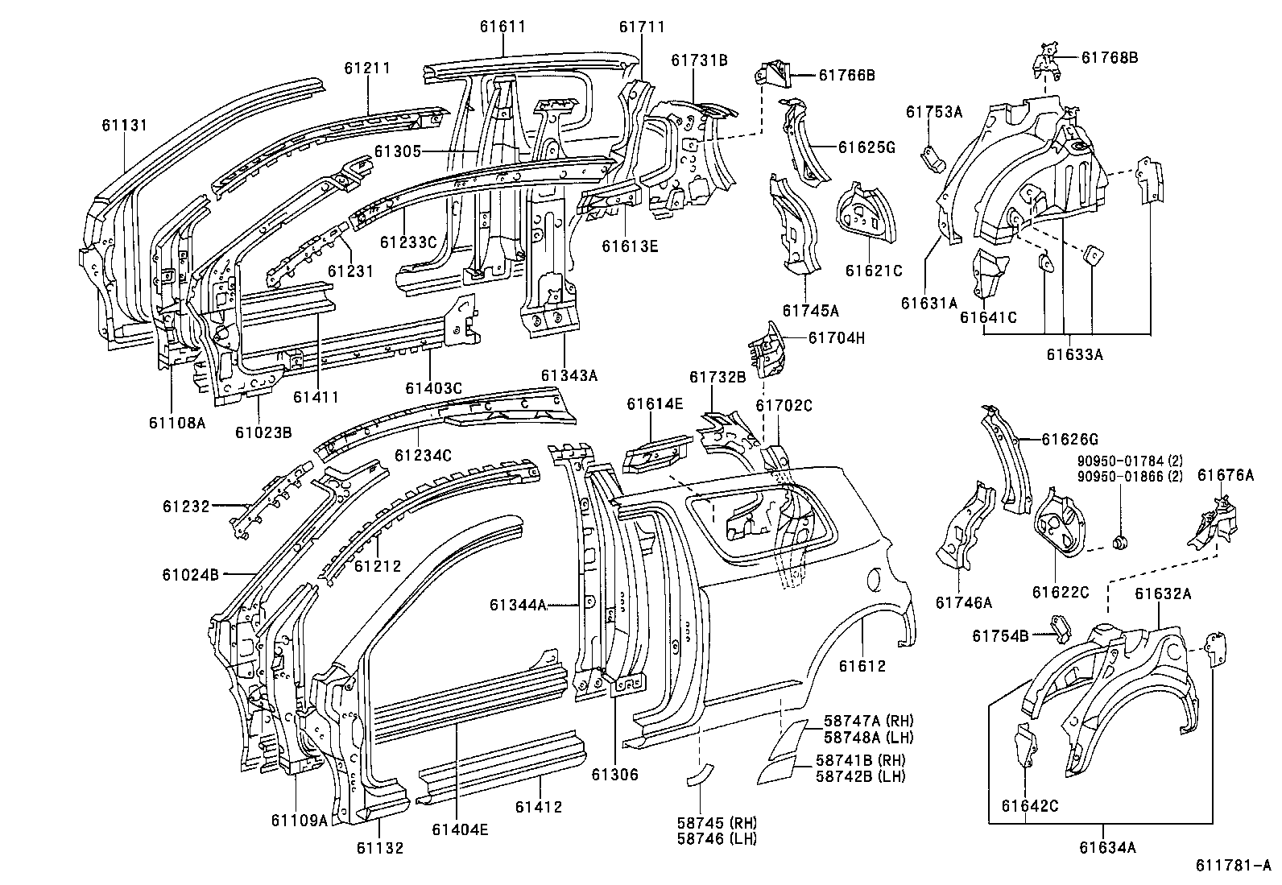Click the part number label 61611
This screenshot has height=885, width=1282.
pos(502,27)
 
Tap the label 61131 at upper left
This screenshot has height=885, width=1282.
pos(125,124)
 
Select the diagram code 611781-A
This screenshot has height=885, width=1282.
pos(1233,865)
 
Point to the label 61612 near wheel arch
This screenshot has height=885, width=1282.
pos(862,666)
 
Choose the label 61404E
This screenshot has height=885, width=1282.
pos(459,829)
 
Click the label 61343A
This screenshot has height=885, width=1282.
pos(569,375)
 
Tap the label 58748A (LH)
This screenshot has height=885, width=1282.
pos(868,736)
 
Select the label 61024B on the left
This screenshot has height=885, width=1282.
pos(191,575)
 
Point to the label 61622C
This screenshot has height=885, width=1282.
pos(1061,593)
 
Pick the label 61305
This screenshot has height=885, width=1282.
pos(398,151)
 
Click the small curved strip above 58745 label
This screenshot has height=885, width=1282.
pos(699,774)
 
